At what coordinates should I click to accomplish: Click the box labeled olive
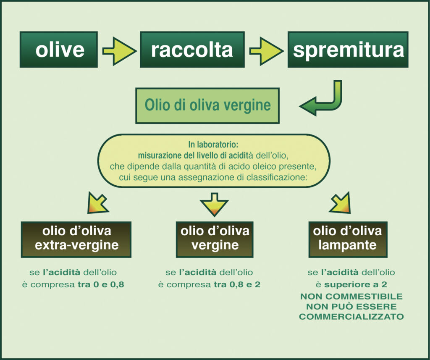coord(59,50)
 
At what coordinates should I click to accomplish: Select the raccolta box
coord(192,50)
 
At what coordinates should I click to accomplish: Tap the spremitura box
coord(348,50)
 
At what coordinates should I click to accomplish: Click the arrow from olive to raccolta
coord(119,51)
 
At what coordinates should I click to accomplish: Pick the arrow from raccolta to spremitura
coord(266,51)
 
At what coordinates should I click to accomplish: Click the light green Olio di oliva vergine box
coord(207,105)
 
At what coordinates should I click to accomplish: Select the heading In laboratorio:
coord(213,145)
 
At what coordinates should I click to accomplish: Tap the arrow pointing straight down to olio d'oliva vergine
coord(214,205)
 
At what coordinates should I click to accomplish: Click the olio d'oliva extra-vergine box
coord(76,239)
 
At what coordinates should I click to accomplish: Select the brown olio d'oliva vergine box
coord(215,239)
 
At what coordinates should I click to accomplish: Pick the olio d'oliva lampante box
coord(348,239)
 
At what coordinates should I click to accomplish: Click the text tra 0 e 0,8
coord(101,284)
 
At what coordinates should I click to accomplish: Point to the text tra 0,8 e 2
coord(237,284)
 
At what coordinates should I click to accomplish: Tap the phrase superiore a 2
coord(356,284)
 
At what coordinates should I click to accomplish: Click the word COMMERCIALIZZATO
coord(351,317)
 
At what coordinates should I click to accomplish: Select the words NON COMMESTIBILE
coord(351,296)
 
